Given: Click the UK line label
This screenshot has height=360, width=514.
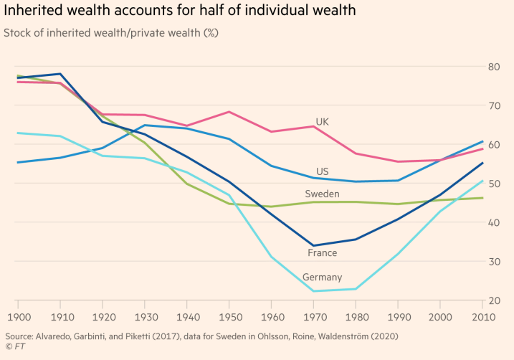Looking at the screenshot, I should (x=322, y=122).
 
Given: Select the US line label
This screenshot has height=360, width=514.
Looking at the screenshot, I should (x=323, y=172).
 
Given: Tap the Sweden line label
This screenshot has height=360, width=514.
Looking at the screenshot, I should (x=322, y=194).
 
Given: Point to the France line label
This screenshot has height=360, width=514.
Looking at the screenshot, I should (x=323, y=253).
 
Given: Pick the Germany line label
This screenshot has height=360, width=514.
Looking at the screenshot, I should (x=322, y=278).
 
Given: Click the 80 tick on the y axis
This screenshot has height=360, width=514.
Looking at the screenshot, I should (x=494, y=67).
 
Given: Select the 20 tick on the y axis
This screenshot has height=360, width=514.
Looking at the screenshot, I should (x=494, y=300).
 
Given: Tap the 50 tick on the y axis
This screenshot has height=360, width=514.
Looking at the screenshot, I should (x=494, y=184).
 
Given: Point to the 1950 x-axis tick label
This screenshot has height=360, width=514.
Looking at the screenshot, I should (x=229, y=316).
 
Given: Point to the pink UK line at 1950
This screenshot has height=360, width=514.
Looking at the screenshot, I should (x=229, y=112).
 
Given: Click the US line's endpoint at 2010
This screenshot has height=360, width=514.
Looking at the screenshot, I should (x=482, y=141).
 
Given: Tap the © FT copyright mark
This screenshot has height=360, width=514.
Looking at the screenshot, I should (x=14, y=347).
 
